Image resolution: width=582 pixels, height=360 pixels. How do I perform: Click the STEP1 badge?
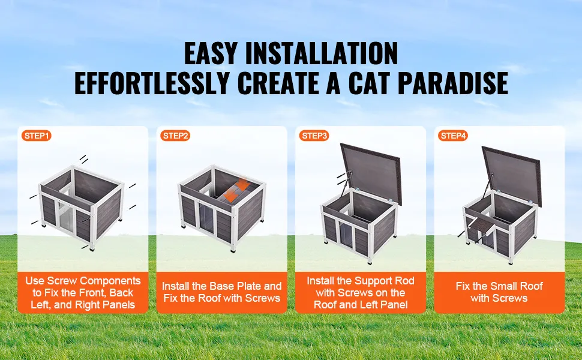click(x=36, y=136)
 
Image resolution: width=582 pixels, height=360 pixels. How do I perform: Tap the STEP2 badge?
click(x=175, y=136)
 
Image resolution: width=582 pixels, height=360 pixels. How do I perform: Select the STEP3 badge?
click(x=314, y=136)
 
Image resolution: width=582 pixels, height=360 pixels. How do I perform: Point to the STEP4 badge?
click(x=453, y=136)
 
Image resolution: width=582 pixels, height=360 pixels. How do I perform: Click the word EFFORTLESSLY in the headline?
click(x=152, y=83)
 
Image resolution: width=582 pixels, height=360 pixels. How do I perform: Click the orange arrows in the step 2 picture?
click(x=236, y=190)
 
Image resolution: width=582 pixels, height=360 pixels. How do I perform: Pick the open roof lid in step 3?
click(x=371, y=173)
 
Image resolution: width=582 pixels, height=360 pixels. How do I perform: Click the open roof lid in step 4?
click(x=512, y=175)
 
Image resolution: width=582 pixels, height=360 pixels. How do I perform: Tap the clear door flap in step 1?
click(x=65, y=217)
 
